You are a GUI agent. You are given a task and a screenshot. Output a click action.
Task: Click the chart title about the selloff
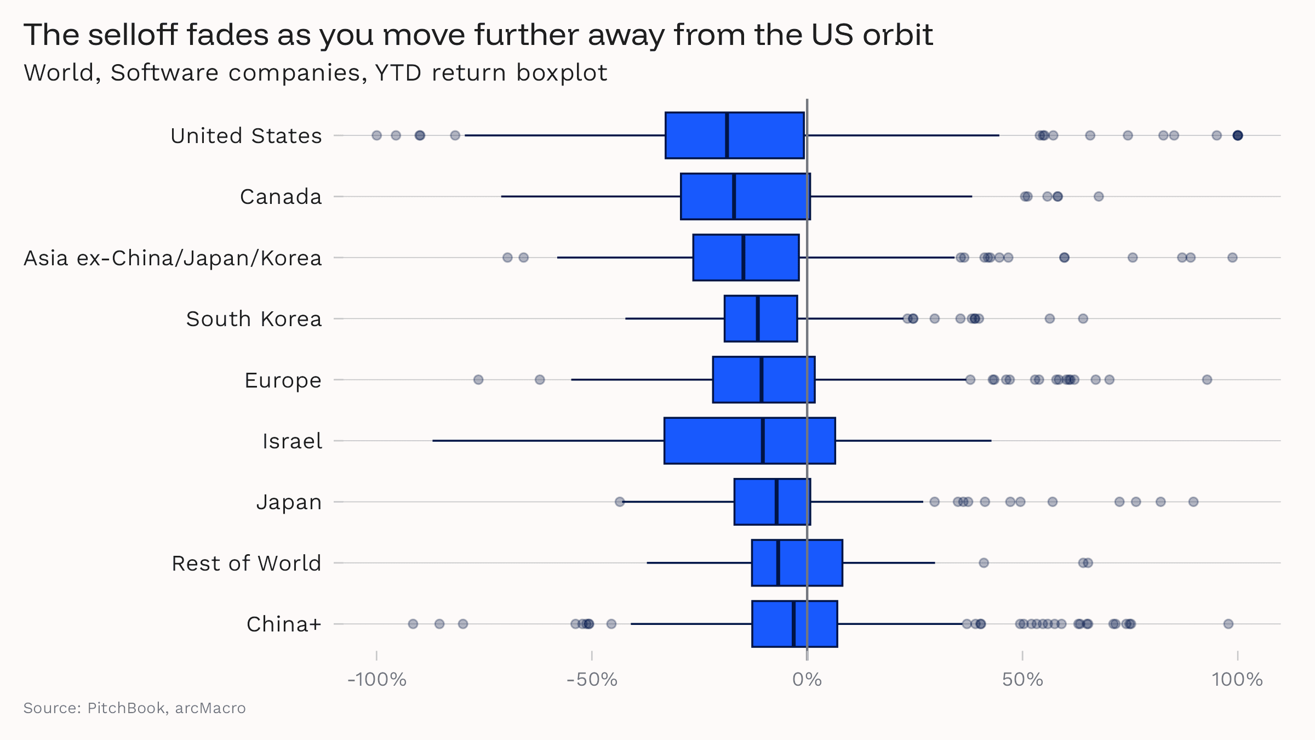pos(478,35)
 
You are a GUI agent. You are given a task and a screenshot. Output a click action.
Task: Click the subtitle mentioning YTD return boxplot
pos(316,73)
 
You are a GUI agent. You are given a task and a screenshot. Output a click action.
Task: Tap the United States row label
pos(246,136)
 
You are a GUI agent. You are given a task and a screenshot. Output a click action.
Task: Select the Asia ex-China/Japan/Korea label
pos(173,258)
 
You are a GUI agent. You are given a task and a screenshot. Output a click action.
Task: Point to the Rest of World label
pos(246,563)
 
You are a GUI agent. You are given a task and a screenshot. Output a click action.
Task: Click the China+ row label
pos(284,624)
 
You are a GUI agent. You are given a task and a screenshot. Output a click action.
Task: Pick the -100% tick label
pos(377,680)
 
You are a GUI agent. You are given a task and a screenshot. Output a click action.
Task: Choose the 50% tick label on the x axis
pos(1022,680)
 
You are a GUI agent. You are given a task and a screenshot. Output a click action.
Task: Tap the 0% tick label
pos(807,680)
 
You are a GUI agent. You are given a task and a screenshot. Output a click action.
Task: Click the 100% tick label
pos(1237,680)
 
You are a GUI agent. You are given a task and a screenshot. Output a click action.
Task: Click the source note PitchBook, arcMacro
pos(134,708)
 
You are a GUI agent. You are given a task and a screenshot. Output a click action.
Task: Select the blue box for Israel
pos(712,441)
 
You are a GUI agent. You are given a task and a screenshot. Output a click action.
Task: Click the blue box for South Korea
pos(740,318)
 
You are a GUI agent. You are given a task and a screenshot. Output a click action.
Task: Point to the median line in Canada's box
pos(734,196)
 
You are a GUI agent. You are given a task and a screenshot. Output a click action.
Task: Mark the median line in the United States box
pos(727,135)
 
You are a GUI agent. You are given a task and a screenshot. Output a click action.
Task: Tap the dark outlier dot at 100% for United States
pos(1237,135)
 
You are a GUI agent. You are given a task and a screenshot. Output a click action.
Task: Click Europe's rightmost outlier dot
pos(1207,380)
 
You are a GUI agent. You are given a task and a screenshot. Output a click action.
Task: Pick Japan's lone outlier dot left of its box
pos(620,502)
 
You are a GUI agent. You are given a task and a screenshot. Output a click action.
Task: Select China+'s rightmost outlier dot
pos(1228,624)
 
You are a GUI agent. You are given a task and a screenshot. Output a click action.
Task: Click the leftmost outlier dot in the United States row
pos(376,135)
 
